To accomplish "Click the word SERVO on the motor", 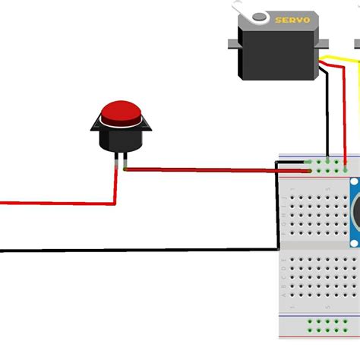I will [x=292, y=21].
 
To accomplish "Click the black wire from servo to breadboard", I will [x=327, y=114].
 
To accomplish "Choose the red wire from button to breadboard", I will [x=213, y=170].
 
